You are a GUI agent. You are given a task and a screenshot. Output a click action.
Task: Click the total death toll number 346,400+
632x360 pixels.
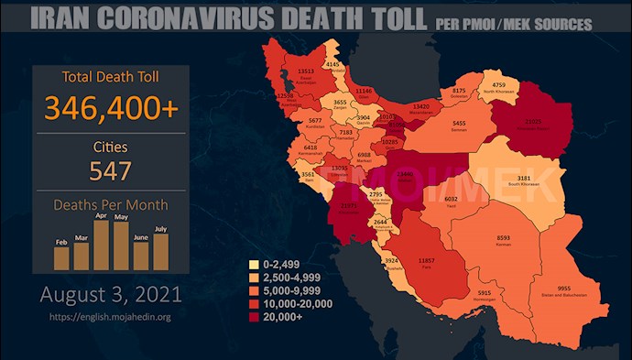pos(110,107)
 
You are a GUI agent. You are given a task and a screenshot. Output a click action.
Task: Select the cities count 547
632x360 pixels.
pos(110,169)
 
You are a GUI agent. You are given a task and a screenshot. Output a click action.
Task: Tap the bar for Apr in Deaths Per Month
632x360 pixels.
pos(102,245)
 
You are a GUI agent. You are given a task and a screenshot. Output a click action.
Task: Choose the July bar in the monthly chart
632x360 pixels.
pos(161,252)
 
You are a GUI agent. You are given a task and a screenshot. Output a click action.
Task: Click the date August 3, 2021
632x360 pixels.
pos(110,296)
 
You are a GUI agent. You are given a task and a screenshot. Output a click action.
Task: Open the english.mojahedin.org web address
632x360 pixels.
pos(110,317)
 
